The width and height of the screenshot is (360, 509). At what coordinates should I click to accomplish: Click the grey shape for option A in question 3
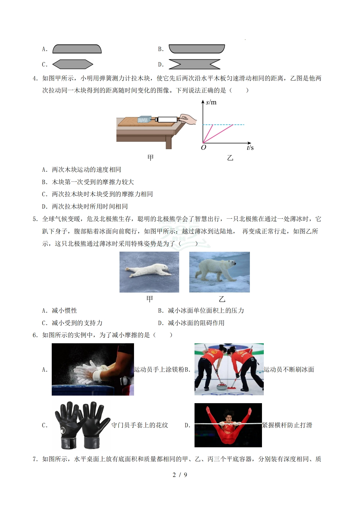coord(77,49)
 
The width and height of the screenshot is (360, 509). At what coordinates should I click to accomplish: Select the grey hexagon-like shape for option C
coord(73,64)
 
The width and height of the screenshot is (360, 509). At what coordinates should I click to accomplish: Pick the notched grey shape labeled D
coord(194,64)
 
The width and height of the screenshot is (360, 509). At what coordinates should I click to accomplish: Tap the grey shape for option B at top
coord(197,49)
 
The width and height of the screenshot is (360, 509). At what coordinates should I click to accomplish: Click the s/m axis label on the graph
coord(211,102)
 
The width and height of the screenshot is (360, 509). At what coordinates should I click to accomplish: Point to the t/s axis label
coord(250,148)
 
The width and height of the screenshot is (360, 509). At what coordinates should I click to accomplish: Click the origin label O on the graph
coord(204,148)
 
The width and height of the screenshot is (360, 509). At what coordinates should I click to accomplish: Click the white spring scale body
coord(167,119)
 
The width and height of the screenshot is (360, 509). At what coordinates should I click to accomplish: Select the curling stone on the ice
coord(223,386)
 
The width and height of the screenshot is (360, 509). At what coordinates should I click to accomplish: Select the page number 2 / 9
coord(180,475)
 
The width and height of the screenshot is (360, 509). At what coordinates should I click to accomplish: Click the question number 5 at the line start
coord(35,219)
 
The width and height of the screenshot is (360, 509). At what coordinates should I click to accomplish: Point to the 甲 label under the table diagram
coord(150,158)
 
